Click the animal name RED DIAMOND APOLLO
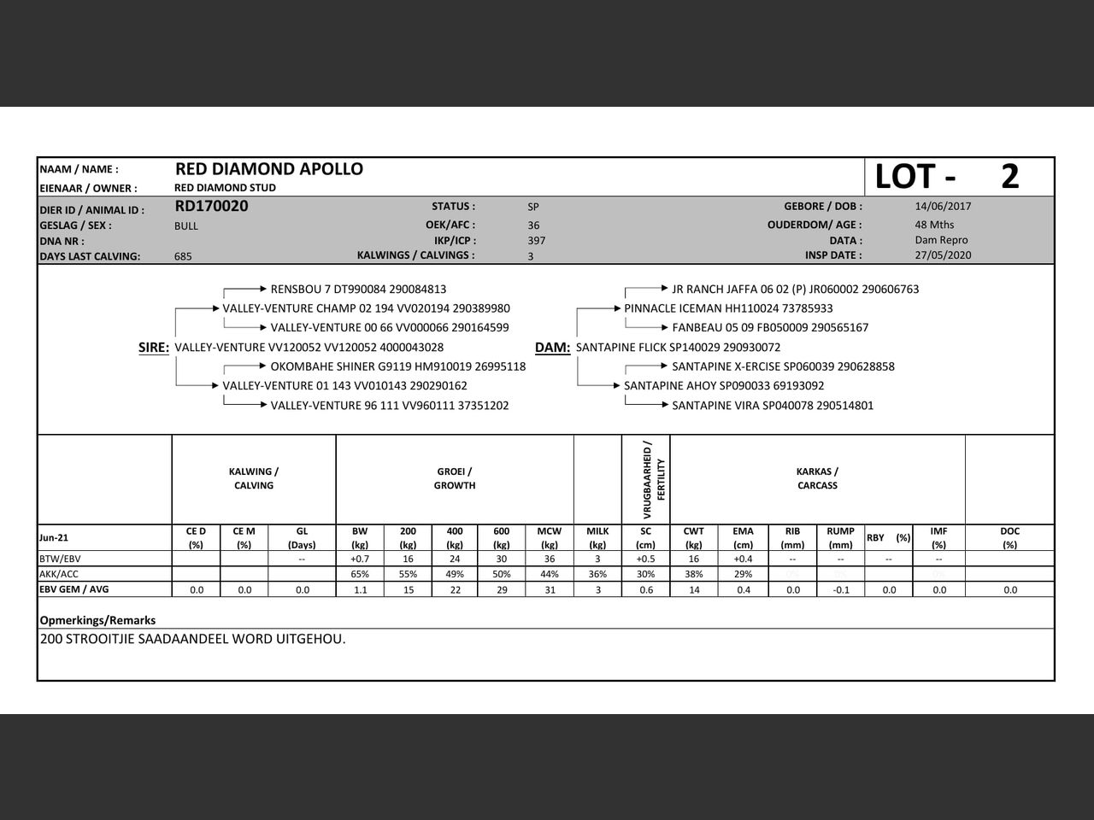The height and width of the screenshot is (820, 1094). click(x=268, y=169)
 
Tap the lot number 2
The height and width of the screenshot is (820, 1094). click(x=1009, y=177)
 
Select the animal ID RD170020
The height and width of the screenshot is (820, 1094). click(x=211, y=206)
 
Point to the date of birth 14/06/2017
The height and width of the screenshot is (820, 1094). click(x=943, y=206)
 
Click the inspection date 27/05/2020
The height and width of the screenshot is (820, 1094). click(x=943, y=255)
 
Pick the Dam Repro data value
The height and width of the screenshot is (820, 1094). click(x=941, y=240)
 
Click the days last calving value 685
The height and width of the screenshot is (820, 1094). click(x=183, y=256)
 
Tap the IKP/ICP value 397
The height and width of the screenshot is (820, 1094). click(x=536, y=240)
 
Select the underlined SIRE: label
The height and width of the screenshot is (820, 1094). click(x=154, y=348)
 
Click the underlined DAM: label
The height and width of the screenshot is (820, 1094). click(x=552, y=348)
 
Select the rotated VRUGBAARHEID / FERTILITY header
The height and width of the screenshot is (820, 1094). click(x=653, y=479)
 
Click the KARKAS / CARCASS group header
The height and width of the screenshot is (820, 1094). click(x=817, y=478)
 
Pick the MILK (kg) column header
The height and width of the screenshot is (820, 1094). click(x=597, y=537)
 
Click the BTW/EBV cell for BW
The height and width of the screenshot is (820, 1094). click(x=360, y=559)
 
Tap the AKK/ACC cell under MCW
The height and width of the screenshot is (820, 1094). click(x=549, y=574)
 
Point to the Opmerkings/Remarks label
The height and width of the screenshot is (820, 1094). click(x=97, y=620)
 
